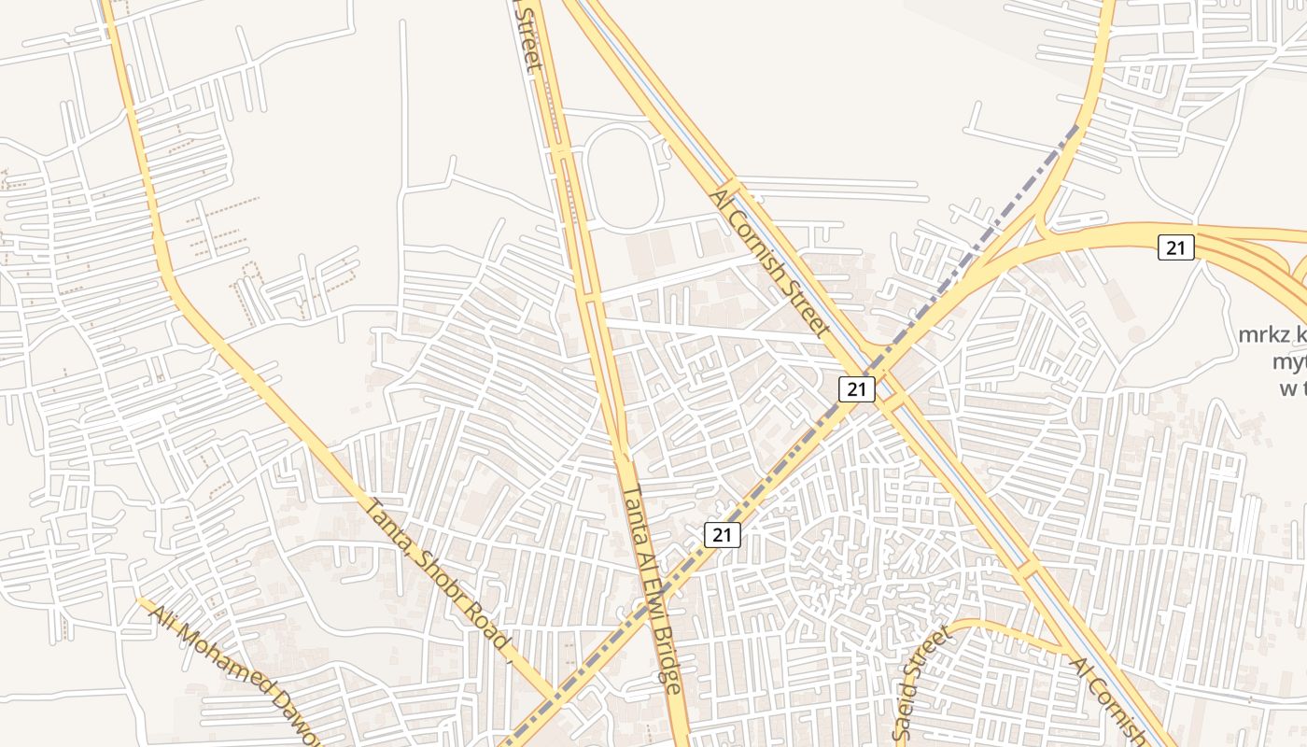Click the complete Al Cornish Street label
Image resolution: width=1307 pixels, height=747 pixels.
tap(770, 261)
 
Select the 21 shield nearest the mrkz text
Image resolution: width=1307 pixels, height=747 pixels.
tap(1176, 247)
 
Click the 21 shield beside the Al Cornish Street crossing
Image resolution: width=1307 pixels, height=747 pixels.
tap(856, 389)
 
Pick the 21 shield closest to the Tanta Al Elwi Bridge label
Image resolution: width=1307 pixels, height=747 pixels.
tap(722, 535)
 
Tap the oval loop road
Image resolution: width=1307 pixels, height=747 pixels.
tap(626, 178)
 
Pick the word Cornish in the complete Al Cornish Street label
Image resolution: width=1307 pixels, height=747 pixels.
tap(775, 266)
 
